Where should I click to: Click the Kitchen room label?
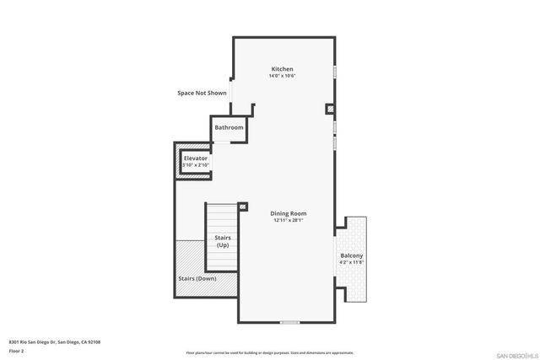tap(282, 69)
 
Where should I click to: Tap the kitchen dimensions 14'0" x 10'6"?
tap(282, 76)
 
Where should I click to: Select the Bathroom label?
tap(229, 127)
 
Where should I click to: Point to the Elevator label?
tap(196, 159)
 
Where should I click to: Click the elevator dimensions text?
tap(195, 165)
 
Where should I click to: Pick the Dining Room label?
tap(288, 213)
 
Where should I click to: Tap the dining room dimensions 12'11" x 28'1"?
tap(288, 221)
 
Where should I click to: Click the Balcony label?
tap(352, 255)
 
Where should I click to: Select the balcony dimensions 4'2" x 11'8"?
tap(352, 263)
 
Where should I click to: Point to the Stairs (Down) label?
tap(197, 278)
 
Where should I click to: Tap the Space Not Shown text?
tap(202, 93)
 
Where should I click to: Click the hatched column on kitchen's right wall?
tap(331, 109)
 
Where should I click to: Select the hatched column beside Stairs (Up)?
tap(242, 207)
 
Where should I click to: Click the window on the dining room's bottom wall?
tap(289, 322)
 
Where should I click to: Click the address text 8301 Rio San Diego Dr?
tap(55, 341)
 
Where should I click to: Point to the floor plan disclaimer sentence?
tap(270, 352)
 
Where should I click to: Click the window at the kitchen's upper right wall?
tap(335, 73)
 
